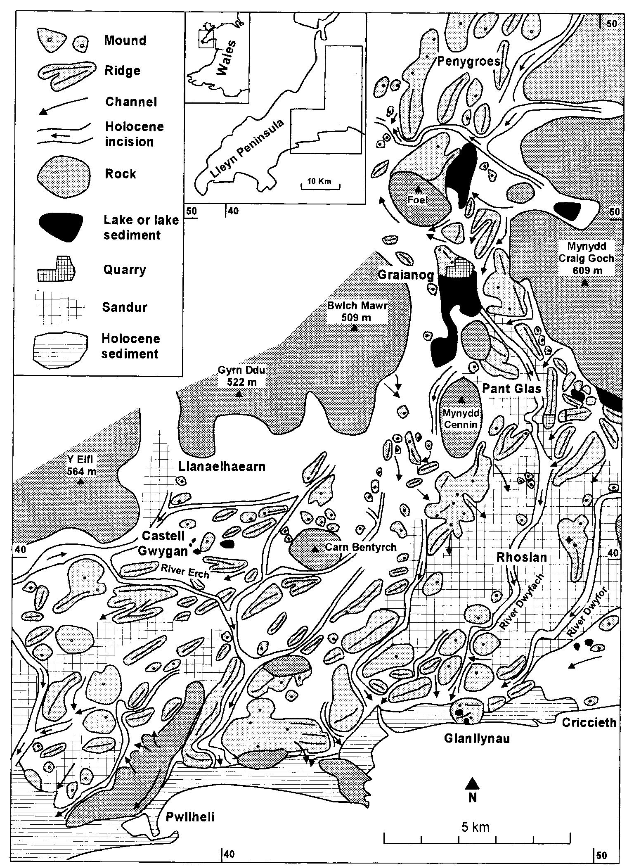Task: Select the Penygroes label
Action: tap(468, 62)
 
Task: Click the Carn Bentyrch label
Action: tap(360, 548)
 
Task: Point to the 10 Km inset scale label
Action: tap(317, 181)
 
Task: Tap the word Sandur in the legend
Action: tap(125, 308)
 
